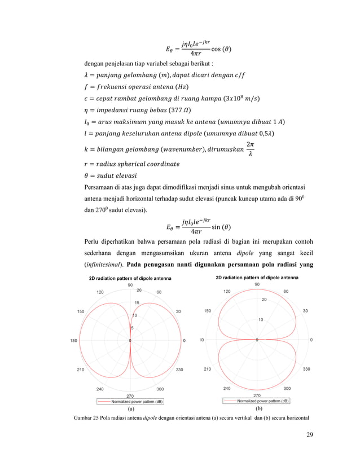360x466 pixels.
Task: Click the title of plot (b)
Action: (x=257, y=278)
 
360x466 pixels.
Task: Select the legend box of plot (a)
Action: (x=129, y=401)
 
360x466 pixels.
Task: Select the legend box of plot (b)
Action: (x=257, y=401)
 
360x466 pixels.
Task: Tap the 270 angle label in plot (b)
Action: (x=257, y=395)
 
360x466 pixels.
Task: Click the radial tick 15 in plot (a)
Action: (x=137, y=303)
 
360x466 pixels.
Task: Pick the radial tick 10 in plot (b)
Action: (x=260, y=320)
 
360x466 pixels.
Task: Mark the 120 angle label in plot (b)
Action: (x=226, y=292)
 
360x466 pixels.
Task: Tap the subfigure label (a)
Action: (x=130, y=407)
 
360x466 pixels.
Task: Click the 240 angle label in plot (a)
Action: (x=100, y=389)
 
